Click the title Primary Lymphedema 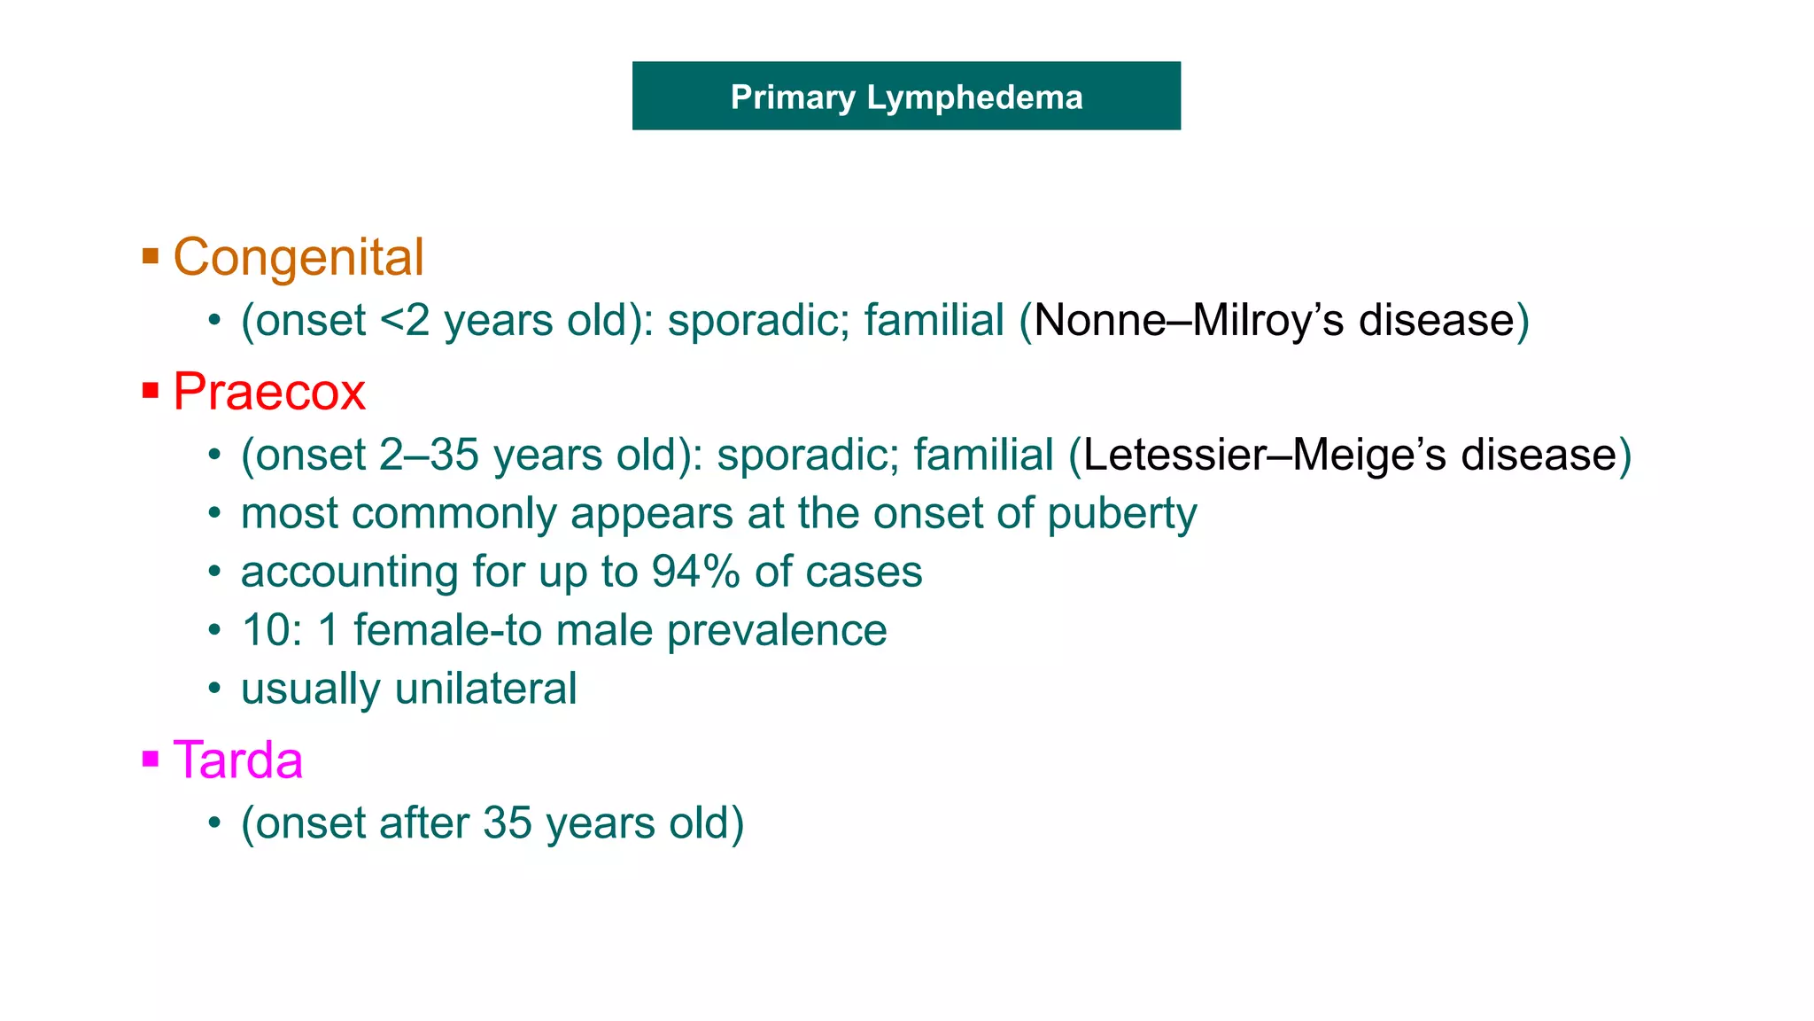(x=906, y=97)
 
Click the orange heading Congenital (x=298, y=258)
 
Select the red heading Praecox (x=269, y=392)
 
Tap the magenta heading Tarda (x=237, y=760)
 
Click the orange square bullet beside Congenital (x=151, y=257)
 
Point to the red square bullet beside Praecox (x=151, y=390)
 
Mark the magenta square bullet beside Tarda (x=151, y=759)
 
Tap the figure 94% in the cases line (x=695, y=573)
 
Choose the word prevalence (x=776, y=631)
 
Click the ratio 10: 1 (x=290, y=631)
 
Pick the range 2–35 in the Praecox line (x=429, y=456)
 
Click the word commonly (x=454, y=515)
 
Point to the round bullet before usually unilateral (x=214, y=689)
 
